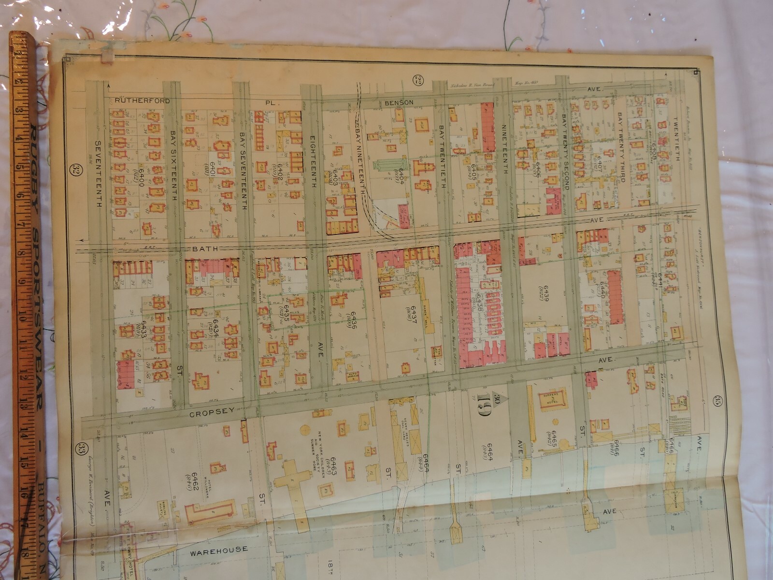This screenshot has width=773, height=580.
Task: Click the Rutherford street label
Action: pos(143,101)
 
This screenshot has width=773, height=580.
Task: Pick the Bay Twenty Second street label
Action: pos(565,153)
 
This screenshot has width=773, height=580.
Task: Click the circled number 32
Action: pos(75,170)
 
